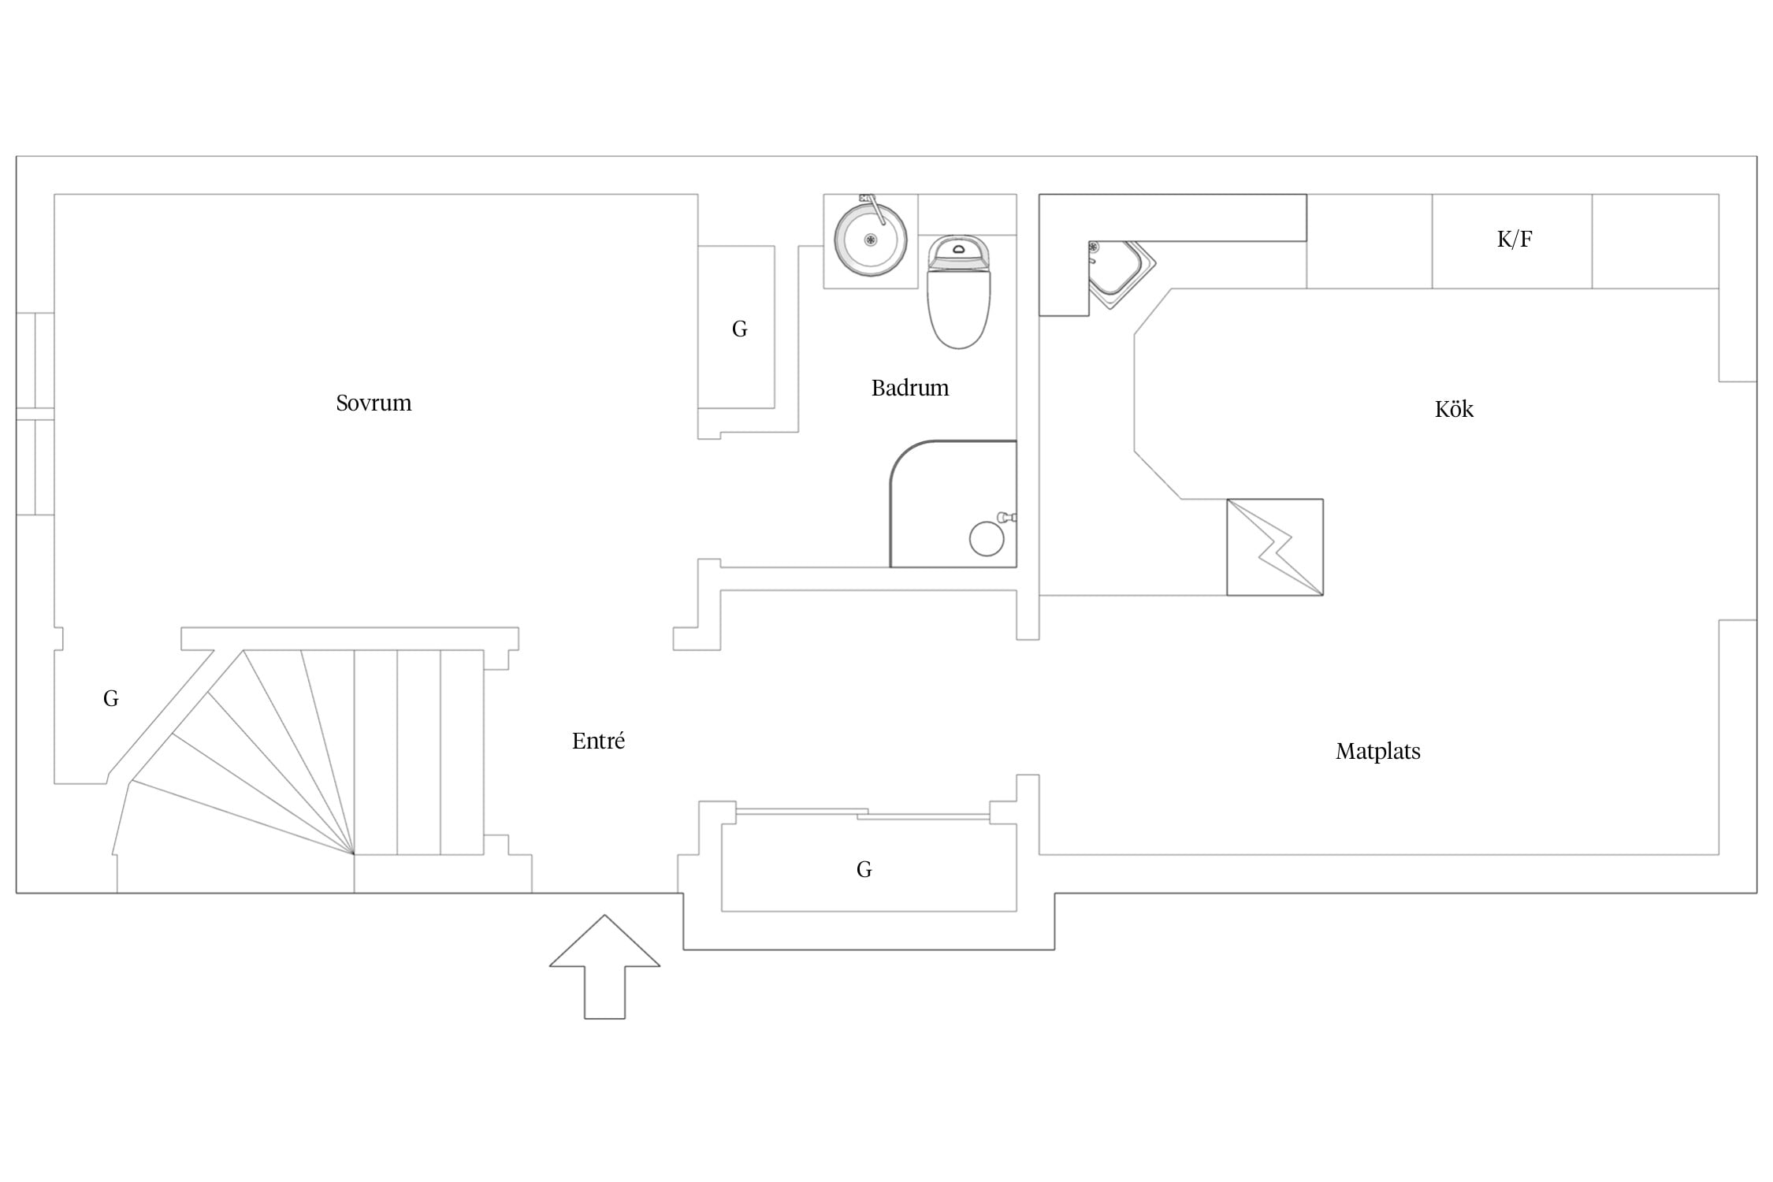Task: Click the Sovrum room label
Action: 374,403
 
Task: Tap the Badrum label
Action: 910,388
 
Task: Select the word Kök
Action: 1454,409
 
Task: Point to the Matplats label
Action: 1378,751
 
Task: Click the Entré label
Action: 598,740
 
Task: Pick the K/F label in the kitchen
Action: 1515,239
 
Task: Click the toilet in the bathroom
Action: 958,292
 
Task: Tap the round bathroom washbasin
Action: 871,240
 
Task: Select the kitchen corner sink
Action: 1122,273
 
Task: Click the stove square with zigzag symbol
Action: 1275,547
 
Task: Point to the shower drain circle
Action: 987,539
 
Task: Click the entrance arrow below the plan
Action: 604,967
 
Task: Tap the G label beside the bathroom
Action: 739,329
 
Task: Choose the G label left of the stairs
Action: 111,698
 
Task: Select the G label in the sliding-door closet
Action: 864,869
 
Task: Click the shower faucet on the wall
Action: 1006,518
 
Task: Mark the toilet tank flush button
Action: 959,250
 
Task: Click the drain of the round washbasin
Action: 871,240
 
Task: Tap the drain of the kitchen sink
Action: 1094,247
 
